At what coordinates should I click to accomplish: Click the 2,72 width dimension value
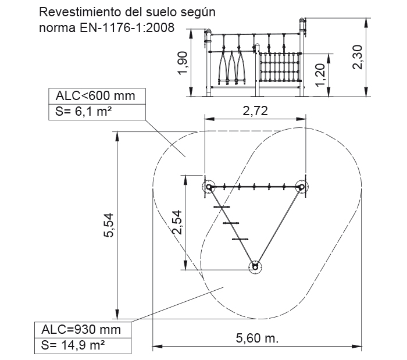tap(255, 111)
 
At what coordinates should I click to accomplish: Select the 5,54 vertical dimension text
tap(109, 225)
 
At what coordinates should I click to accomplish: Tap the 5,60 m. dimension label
tap(257, 338)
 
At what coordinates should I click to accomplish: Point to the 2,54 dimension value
tap(177, 222)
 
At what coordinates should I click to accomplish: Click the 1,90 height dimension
tap(182, 63)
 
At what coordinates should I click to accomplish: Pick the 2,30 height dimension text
tap(358, 57)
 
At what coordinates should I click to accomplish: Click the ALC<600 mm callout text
tap(95, 96)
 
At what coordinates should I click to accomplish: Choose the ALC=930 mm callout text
tap(81, 330)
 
